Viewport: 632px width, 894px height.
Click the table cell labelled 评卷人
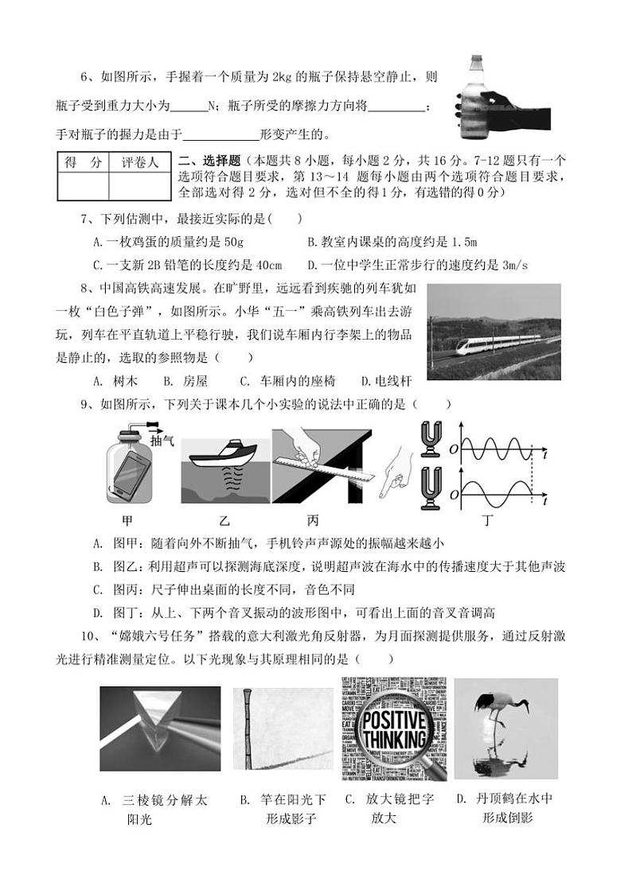pos(139,162)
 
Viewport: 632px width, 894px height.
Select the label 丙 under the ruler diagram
pos(314,521)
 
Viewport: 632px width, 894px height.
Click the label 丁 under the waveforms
pos(486,521)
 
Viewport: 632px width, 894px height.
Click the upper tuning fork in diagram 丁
pos(430,437)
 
